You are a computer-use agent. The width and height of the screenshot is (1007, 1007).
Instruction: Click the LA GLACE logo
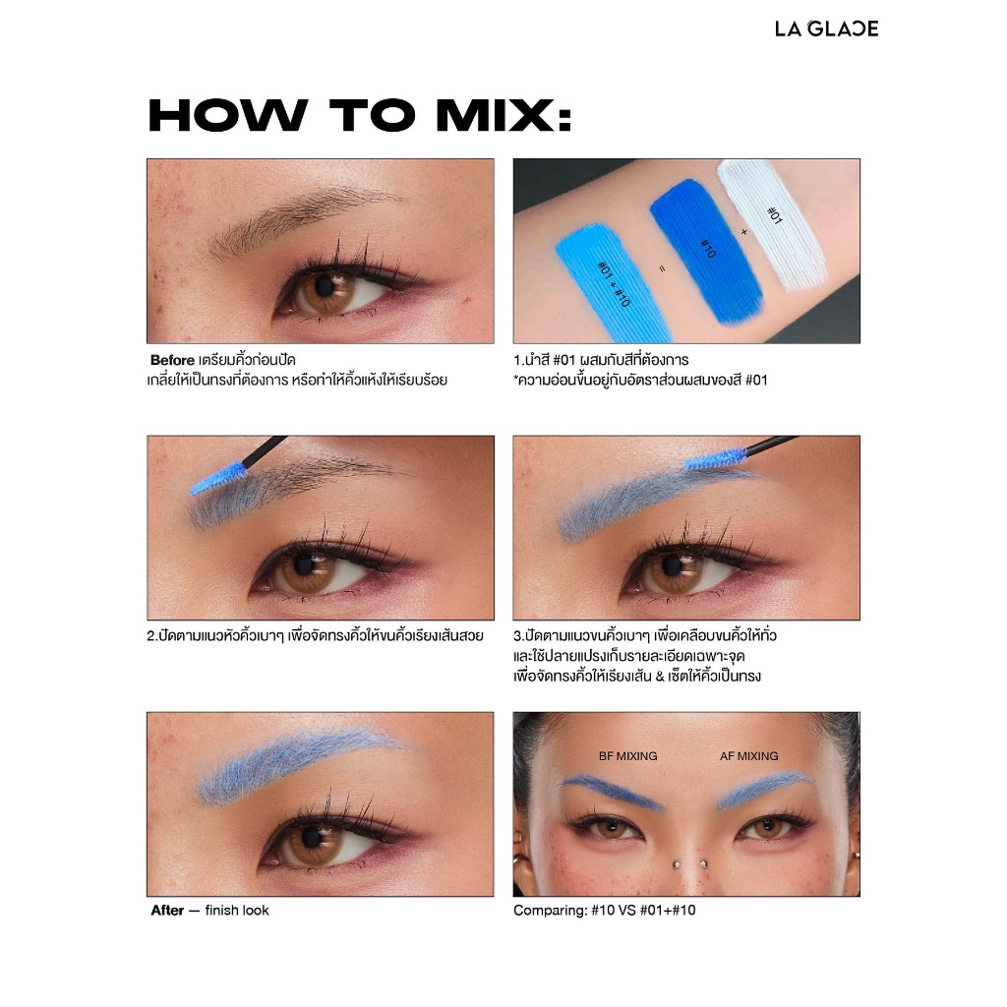[x=826, y=29]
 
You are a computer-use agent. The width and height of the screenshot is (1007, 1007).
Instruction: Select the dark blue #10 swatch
[x=706, y=250]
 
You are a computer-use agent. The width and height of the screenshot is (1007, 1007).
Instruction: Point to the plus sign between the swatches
[x=743, y=232]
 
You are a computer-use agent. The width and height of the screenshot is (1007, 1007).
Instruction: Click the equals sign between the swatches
[x=662, y=269]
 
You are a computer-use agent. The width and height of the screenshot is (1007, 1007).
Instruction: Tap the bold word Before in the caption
[x=172, y=360]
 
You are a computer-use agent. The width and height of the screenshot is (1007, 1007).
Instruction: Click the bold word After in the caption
[x=167, y=910]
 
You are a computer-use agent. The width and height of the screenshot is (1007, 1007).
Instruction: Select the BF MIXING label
[x=627, y=756]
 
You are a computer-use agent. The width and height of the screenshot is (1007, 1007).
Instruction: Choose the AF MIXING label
[x=748, y=756]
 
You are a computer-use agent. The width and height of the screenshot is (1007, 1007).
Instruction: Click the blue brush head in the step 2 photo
[x=218, y=479]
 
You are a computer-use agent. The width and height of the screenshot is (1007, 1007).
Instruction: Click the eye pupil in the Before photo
[x=326, y=283]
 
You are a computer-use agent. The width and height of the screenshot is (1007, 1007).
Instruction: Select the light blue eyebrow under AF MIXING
[x=764, y=788]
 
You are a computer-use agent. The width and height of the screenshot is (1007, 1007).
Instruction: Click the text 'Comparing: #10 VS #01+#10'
[x=605, y=910]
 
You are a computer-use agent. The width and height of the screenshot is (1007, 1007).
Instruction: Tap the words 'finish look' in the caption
[x=237, y=910]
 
